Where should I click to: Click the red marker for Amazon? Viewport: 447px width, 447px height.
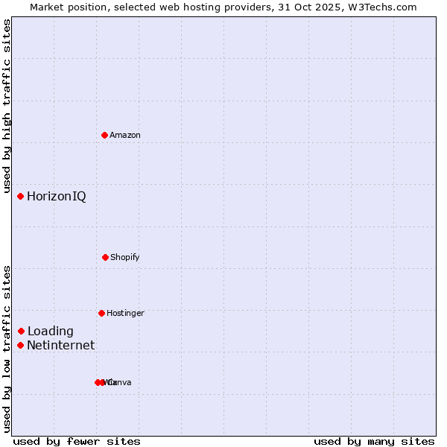[104, 135]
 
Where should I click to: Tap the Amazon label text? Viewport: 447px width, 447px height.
[125, 135]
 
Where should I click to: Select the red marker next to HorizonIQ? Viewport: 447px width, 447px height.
[21, 196]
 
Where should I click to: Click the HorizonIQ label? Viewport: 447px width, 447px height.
[57, 197]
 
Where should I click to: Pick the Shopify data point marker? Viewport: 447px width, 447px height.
[105, 257]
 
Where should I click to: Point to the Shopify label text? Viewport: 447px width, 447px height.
[125, 257]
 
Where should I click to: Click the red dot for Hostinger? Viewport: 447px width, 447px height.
[101, 313]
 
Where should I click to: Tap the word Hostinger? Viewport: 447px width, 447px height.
[125, 313]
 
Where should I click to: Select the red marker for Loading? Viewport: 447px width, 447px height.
[22, 331]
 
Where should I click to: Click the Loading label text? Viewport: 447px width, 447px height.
[51, 332]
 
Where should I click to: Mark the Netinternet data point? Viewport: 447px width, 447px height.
[21, 345]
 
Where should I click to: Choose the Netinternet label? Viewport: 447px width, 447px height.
[61, 346]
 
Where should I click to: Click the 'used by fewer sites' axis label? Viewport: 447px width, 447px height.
[77, 441]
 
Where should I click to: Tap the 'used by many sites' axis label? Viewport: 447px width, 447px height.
[374, 441]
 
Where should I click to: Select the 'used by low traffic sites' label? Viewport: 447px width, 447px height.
[7, 349]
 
